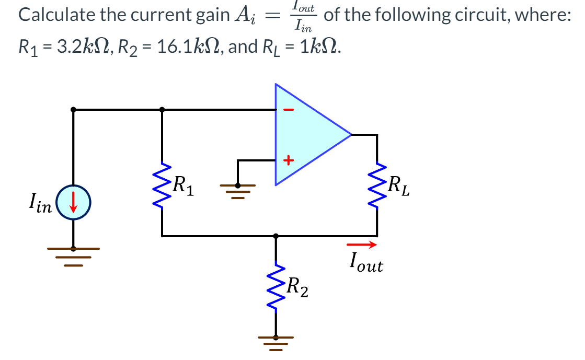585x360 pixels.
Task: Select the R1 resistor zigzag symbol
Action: coord(162,185)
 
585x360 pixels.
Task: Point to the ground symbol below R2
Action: coord(276,342)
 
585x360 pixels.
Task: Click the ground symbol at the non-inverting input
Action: coord(238,188)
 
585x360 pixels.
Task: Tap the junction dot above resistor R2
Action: coord(276,236)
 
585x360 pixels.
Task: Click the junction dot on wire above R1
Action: coord(162,110)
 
